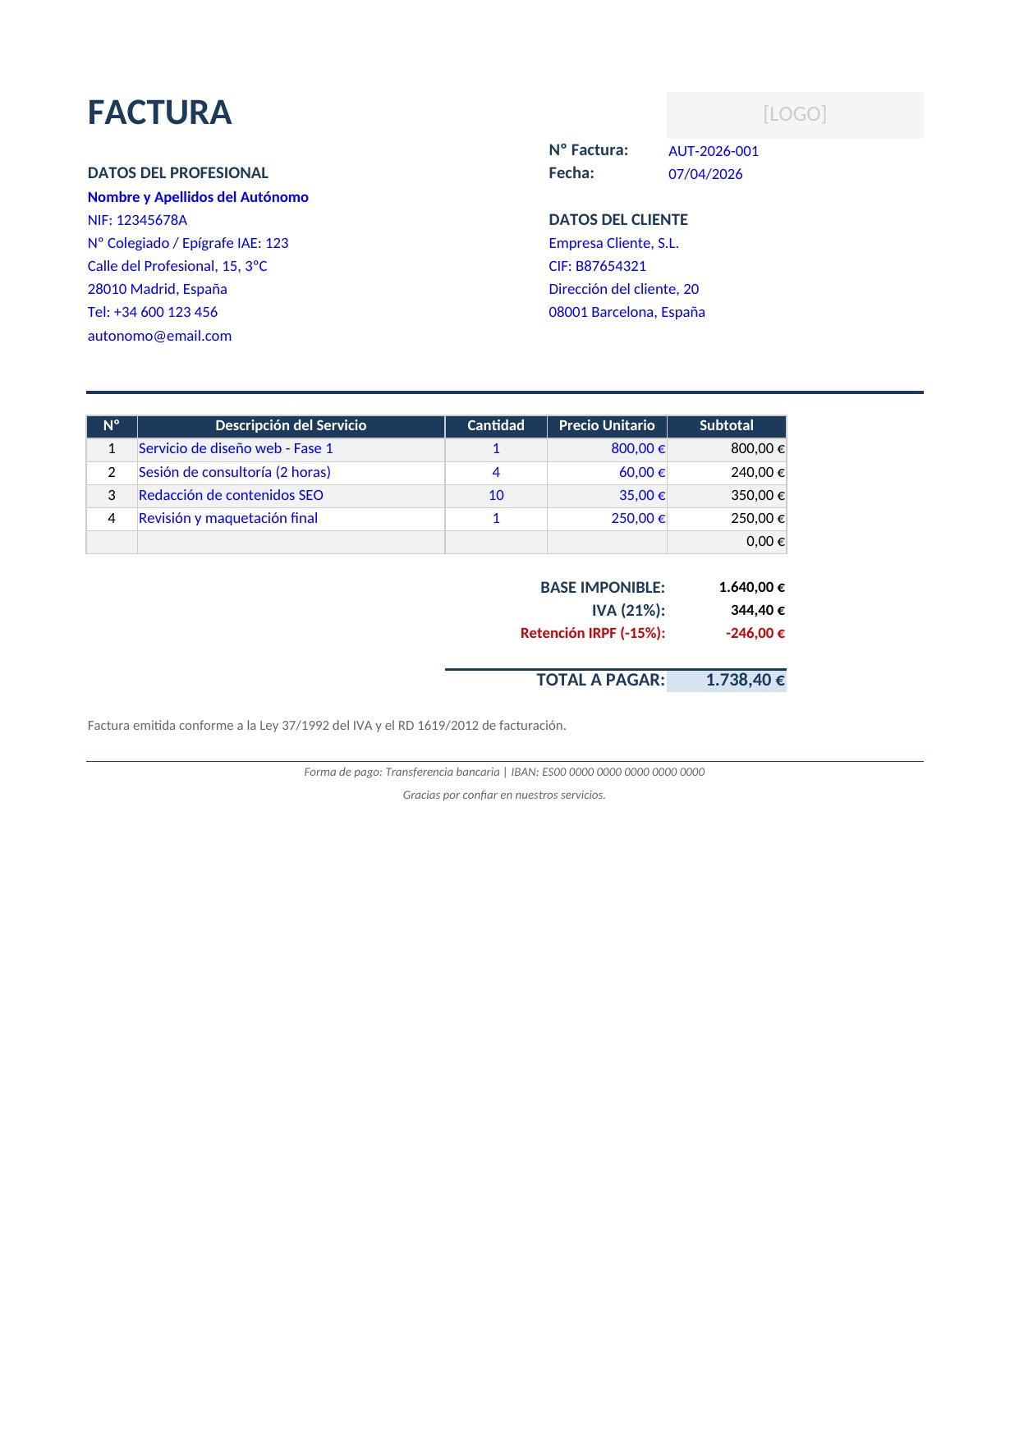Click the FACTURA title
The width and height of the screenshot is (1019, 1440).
pyautogui.click(x=159, y=113)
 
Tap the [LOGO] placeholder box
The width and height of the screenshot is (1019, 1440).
pyautogui.click(x=794, y=114)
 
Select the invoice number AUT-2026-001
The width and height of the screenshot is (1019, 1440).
pyautogui.click(x=713, y=151)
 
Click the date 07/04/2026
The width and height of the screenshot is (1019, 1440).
pyautogui.click(x=705, y=174)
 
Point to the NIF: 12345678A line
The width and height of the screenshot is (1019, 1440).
pyautogui.click(x=137, y=220)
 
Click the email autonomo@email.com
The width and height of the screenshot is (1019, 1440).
pyautogui.click(x=159, y=336)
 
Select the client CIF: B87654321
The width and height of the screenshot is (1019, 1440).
pyautogui.click(x=597, y=266)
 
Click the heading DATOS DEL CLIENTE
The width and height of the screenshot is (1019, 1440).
pyautogui.click(x=617, y=220)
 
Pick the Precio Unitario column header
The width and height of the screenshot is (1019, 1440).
pyautogui.click(x=606, y=425)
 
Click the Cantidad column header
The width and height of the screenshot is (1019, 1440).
pyautogui.click(x=495, y=425)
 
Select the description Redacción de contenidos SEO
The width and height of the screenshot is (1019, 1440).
pyautogui.click(x=231, y=495)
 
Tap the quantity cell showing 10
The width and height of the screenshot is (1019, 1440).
pyautogui.click(x=496, y=495)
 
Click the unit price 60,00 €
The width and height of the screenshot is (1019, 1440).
pyautogui.click(x=641, y=472)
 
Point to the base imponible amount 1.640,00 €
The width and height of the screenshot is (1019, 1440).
pyautogui.click(x=751, y=587)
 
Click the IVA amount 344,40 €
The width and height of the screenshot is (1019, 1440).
pyautogui.click(x=757, y=610)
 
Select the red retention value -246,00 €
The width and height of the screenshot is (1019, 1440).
pyautogui.click(x=755, y=633)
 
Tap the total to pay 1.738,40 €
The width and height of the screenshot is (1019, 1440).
pyautogui.click(x=744, y=680)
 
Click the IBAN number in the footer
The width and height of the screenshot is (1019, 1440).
pyautogui.click(x=622, y=772)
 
